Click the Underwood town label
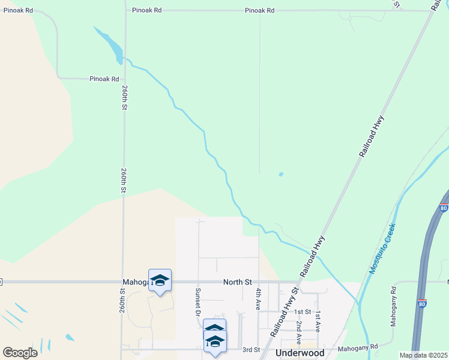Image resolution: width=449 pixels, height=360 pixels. [x=300, y=353]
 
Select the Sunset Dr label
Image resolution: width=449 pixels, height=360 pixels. [x=197, y=301]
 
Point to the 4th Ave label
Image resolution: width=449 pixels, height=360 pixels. [x=259, y=298]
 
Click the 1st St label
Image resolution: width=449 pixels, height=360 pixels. [x=303, y=312]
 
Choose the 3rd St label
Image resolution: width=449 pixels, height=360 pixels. [x=250, y=349]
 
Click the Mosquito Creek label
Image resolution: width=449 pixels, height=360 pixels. [x=382, y=249]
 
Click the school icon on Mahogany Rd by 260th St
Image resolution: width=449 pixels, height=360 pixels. [x=160, y=280]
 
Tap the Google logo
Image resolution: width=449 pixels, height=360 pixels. [x=20, y=352]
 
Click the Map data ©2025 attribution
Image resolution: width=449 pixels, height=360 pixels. [x=423, y=355]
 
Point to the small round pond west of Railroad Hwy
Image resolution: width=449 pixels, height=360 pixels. [x=281, y=175]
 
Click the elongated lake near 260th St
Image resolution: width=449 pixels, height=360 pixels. [x=109, y=44]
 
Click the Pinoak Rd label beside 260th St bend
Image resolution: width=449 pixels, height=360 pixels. [x=104, y=79]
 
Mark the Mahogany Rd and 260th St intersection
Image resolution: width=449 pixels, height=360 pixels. [x=124, y=281]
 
